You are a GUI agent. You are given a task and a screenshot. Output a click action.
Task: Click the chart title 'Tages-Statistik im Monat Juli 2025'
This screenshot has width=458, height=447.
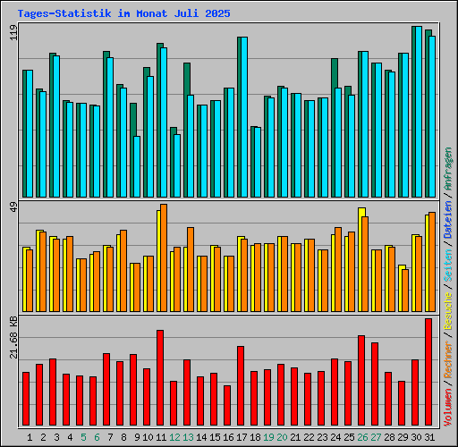click(123, 14)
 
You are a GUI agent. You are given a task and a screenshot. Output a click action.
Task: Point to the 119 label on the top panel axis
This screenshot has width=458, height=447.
click(13, 34)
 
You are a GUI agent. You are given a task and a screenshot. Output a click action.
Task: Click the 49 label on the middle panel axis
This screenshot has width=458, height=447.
click(13, 208)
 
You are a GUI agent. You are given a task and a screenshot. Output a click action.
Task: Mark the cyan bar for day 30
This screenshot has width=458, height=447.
click(418, 112)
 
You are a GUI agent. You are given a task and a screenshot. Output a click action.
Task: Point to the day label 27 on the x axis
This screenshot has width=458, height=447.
click(377, 437)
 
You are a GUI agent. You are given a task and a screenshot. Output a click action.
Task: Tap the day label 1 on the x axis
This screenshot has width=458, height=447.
click(30, 437)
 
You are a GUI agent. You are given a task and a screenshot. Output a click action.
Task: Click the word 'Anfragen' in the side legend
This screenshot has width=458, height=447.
click(448, 169)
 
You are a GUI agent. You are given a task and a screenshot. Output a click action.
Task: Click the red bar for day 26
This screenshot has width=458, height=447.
click(361, 381)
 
